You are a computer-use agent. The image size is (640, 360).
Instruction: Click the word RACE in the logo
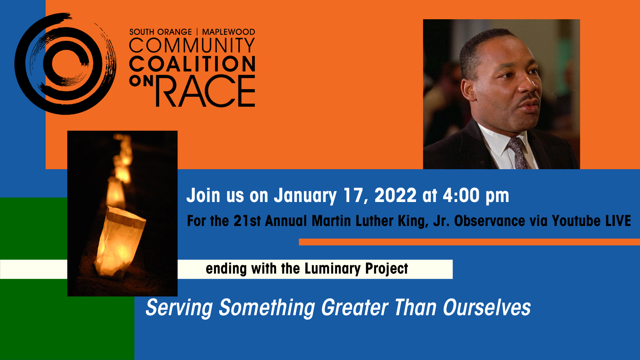click(205, 91)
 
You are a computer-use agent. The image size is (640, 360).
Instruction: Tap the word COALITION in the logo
click(192, 64)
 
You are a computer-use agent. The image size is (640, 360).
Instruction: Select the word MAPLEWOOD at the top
click(228, 32)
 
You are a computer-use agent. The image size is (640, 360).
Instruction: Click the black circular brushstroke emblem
click(65, 64)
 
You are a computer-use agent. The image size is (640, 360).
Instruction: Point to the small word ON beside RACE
click(141, 81)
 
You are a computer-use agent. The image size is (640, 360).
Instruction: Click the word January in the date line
click(305, 196)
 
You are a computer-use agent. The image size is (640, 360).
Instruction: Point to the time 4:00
click(461, 196)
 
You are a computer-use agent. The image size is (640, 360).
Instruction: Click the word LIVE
click(618, 221)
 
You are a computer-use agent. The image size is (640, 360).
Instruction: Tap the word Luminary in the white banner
click(332, 268)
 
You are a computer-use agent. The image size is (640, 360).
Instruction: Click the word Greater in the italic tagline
click(354, 308)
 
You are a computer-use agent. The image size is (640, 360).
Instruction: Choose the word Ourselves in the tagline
click(486, 308)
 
